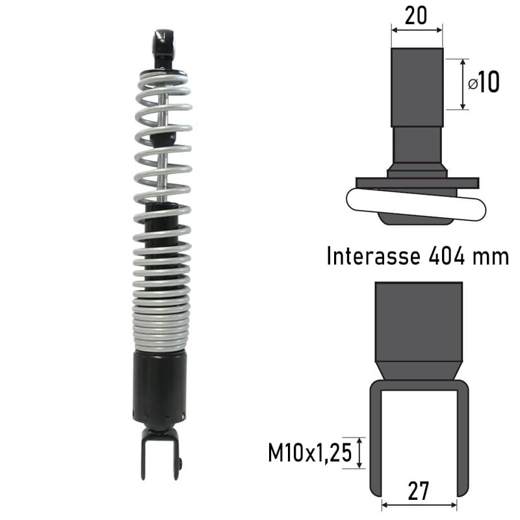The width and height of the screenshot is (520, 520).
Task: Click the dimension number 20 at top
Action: tap(416, 14)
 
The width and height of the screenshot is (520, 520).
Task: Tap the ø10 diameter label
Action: tap(484, 83)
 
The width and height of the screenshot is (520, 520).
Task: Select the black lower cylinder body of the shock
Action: tap(160, 383)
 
